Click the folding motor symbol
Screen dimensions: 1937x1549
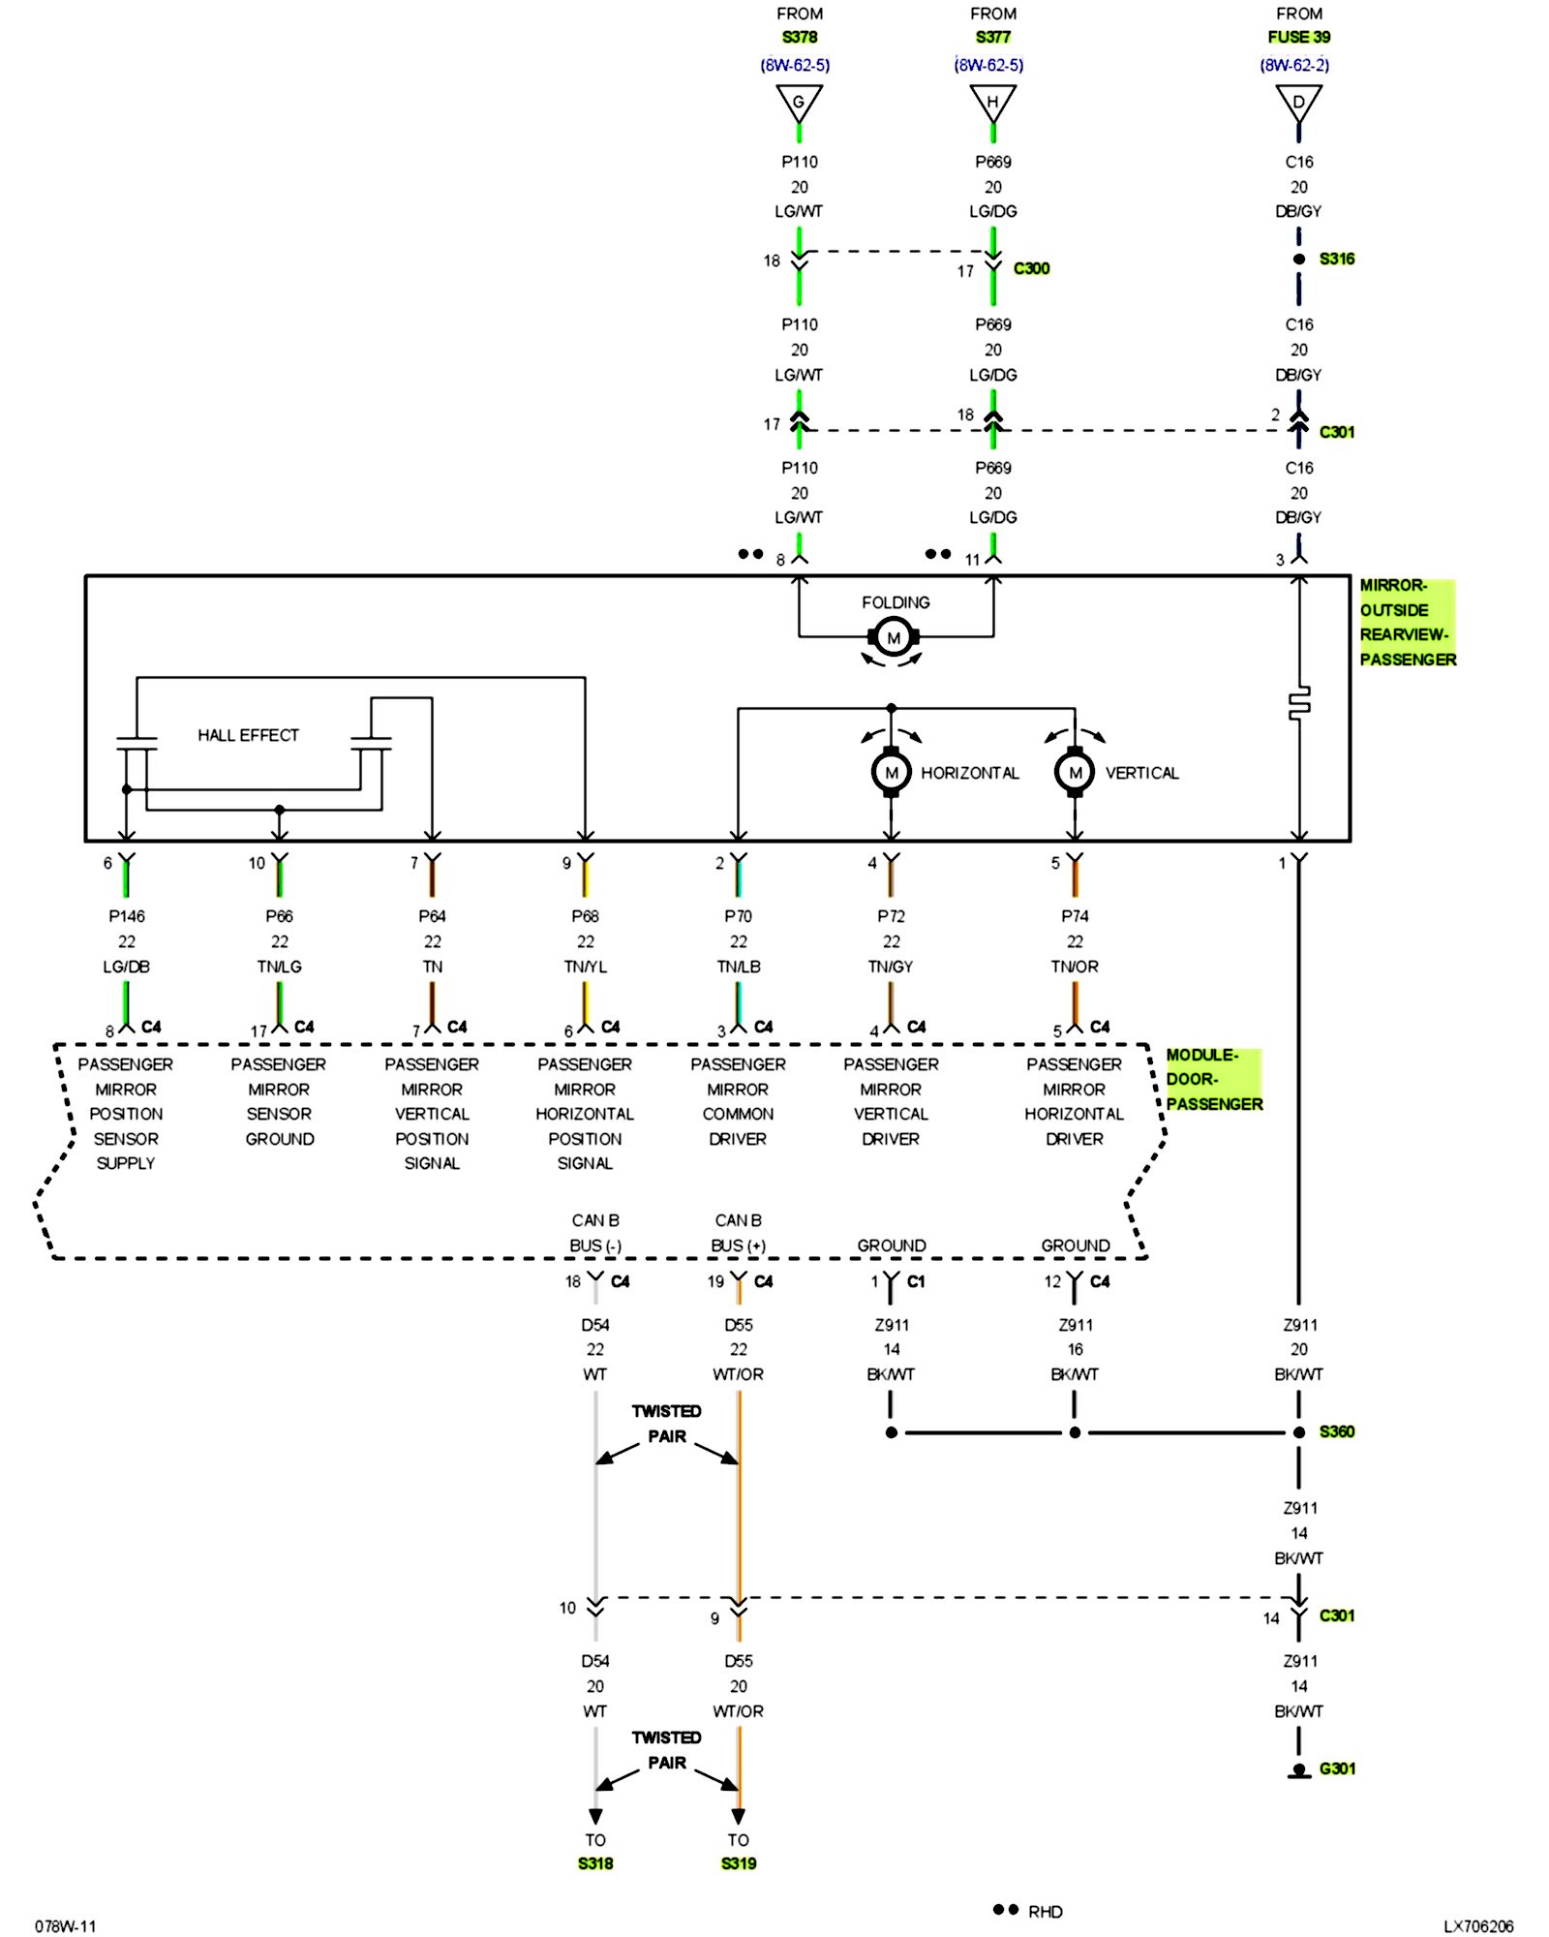pos(893,637)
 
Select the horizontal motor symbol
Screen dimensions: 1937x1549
pos(891,772)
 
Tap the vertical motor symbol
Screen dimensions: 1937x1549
pos(1075,772)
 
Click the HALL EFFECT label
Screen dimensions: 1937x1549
pos(248,735)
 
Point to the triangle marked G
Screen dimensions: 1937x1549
pos(799,102)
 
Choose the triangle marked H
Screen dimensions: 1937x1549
pos(992,102)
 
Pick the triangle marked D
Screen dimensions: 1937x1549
pos(1298,102)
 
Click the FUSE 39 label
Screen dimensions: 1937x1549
pos(1298,37)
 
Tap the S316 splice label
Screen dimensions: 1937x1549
pos(1336,259)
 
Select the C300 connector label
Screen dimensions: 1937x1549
pos(1031,268)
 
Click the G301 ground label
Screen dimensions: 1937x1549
pos(1337,1768)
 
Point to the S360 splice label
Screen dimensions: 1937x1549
pos(1336,1431)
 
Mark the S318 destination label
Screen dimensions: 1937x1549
pos(595,1863)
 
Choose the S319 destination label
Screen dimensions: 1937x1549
pos(739,1863)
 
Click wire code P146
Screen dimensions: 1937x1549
pos(127,916)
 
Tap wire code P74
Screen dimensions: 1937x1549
pos(1075,916)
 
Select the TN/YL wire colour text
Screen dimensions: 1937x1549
pos(585,967)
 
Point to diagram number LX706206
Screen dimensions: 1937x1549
pos(1478,1926)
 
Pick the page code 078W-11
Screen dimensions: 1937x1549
pos(66,1926)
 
